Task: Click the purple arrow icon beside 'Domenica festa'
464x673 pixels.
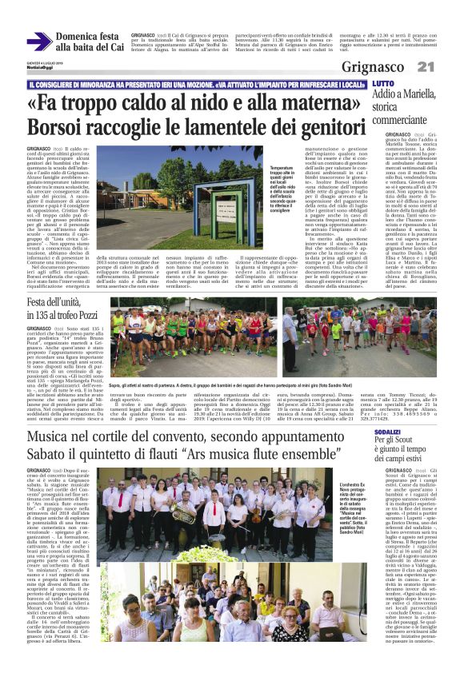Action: point(39,42)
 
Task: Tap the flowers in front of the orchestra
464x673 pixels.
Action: point(192,552)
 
